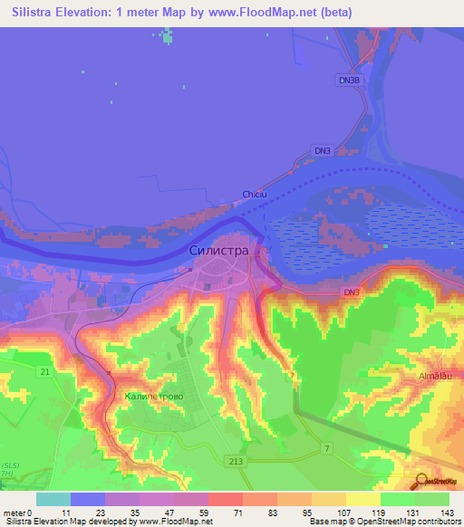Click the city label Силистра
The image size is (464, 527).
219,249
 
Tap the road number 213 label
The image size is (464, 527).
237,462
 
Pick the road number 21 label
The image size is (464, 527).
44,371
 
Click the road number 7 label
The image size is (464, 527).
327,449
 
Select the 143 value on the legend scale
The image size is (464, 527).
448,513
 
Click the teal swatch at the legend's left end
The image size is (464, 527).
53,499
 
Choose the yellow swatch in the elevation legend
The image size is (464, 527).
363,499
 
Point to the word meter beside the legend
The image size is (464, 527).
14,513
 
